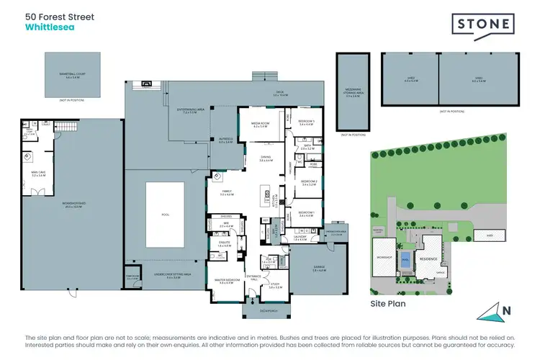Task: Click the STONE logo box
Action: pyautogui.click(x=483, y=24)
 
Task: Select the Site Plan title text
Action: pyautogui.click(x=388, y=304)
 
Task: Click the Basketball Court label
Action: pyautogui.click(x=71, y=73)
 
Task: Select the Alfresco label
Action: pyautogui.click(x=225, y=142)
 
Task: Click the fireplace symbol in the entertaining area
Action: pyautogui.click(x=147, y=83)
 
